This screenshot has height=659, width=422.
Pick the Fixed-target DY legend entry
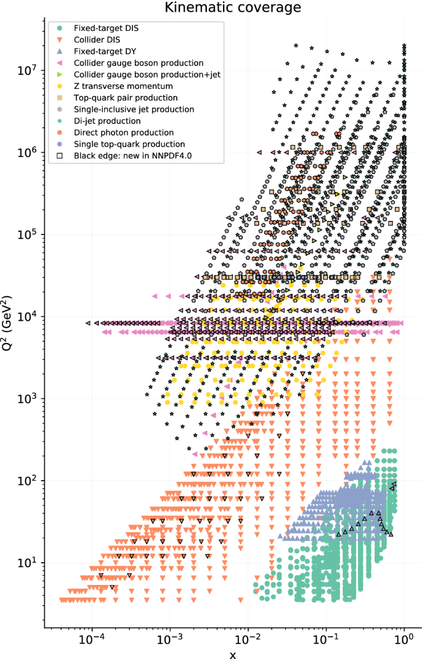pyautogui.click(x=102, y=52)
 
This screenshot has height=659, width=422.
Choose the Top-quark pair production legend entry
pyautogui.click(x=126, y=97)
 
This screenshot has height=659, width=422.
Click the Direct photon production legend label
pyautogui.click(x=123, y=133)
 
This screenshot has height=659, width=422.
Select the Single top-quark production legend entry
pyautogui.click(x=129, y=144)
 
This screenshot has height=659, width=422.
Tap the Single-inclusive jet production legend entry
pyautogui.click(x=134, y=109)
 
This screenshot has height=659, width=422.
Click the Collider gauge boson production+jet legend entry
pyautogui.click(x=147, y=75)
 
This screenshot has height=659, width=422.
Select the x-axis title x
pyautogui.click(x=232, y=653)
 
